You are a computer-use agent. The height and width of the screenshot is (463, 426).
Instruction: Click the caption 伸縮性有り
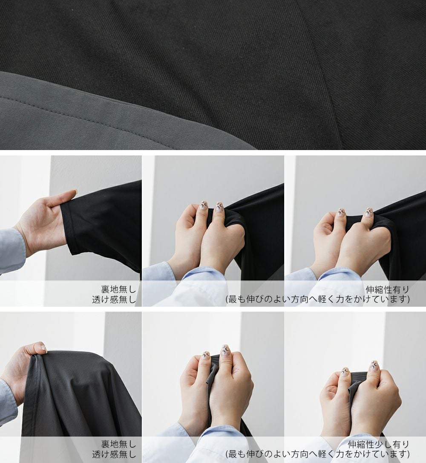pyautogui.click(x=387, y=289)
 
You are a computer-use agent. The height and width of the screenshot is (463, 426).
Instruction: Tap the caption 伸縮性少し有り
pyautogui.click(x=379, y=444)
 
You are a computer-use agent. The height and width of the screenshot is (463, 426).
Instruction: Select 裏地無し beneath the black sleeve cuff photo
pyautogui.click(x=118, y=289)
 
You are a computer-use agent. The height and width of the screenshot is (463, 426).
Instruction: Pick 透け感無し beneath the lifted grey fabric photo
pyautogui.click(x=114, y=454)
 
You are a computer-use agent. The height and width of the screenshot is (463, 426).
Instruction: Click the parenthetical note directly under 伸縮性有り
pyautogui.click(x=318, y=299)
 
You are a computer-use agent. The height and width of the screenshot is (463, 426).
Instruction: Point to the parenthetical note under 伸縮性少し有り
pyautogui.click(x=318, y=454)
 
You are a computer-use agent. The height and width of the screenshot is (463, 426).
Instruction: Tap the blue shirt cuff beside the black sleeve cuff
pyautogui.click(x=12, y=251)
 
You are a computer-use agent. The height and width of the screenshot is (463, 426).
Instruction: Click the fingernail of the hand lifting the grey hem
pyautogui.click(x=43, y=348)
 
